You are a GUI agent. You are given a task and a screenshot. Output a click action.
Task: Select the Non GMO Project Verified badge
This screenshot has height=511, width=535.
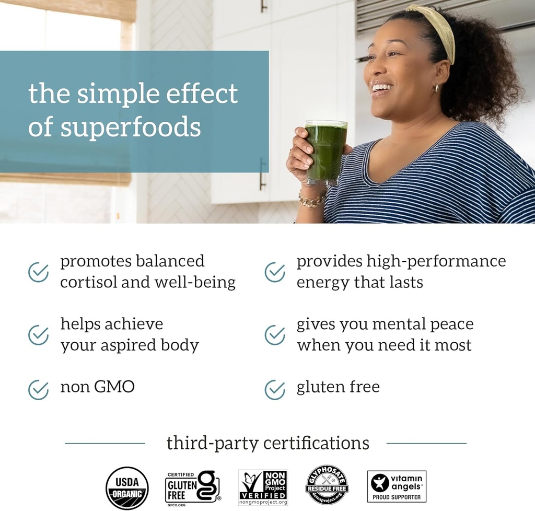[263, 487]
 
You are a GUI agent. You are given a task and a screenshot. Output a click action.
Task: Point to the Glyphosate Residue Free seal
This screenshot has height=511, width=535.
[327, 485]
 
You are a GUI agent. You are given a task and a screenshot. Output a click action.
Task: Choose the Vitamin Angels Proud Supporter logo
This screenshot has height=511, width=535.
[397, 486]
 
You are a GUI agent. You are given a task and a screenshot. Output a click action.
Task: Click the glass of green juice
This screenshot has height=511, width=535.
[325, 152]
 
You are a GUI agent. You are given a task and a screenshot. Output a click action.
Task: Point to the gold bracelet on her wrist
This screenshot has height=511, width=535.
[311, 200]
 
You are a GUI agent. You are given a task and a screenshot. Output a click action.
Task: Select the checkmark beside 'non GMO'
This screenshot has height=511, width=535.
[38, 389]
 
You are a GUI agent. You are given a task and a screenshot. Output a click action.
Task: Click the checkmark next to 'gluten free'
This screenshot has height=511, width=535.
[275, 389]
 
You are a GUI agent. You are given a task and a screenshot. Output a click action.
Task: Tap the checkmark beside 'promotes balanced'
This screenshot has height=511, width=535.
[38, 272]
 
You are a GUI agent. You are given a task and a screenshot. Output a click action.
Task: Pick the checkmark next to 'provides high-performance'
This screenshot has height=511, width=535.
[275, 272]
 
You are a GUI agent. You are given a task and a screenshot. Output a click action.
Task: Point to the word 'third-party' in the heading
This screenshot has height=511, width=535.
[212, 443]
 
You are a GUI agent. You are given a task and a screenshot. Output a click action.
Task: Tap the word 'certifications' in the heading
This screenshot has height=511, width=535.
[316, 443]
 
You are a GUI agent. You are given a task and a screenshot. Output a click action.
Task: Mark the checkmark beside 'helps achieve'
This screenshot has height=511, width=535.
[38, 335]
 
